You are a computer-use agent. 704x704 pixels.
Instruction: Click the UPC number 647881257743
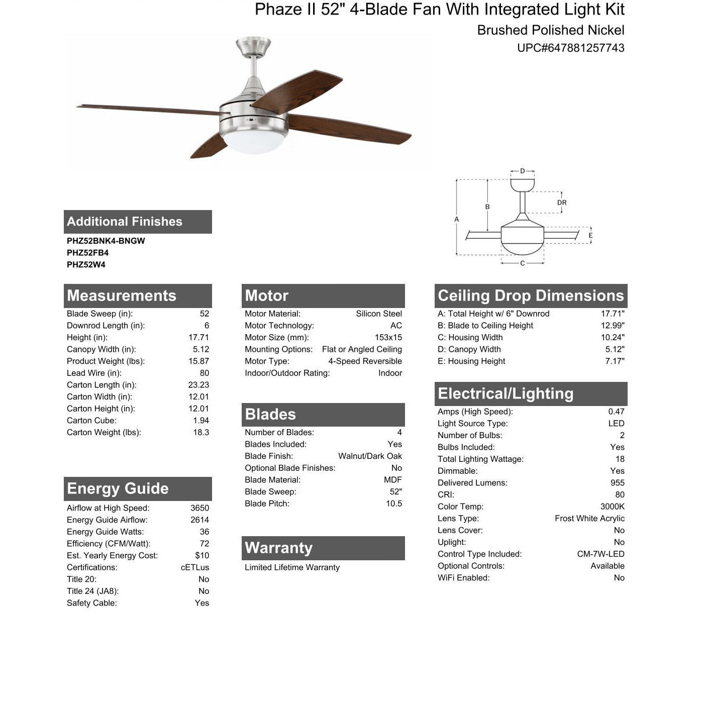(571, 48)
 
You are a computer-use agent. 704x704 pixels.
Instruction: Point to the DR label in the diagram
(562, 203)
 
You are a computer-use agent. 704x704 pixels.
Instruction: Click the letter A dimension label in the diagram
(456, 219)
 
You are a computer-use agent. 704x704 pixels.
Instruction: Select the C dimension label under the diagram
(523, 263)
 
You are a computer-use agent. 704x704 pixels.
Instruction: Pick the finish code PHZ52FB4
(87, 253)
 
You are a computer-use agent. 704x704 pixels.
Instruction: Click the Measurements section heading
(122, 295)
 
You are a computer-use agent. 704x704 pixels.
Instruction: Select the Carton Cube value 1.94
(201, 421)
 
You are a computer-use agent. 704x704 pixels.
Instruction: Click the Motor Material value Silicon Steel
(379, 314)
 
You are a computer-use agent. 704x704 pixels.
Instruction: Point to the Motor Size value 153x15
(388, 338)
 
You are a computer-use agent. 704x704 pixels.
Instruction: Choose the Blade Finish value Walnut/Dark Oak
(370, 456)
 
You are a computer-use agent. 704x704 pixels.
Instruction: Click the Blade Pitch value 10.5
(394, 504)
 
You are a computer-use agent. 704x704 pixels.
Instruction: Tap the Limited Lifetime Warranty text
(292, 567)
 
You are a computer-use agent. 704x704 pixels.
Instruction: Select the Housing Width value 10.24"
(613, 338)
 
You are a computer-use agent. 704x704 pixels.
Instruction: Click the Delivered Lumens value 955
(618, 483)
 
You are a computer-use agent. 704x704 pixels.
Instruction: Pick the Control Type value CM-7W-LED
(600, 554)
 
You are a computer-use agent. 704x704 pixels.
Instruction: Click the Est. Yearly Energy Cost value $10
(202, 556)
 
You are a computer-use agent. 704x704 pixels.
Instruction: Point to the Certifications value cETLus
(195, 567)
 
